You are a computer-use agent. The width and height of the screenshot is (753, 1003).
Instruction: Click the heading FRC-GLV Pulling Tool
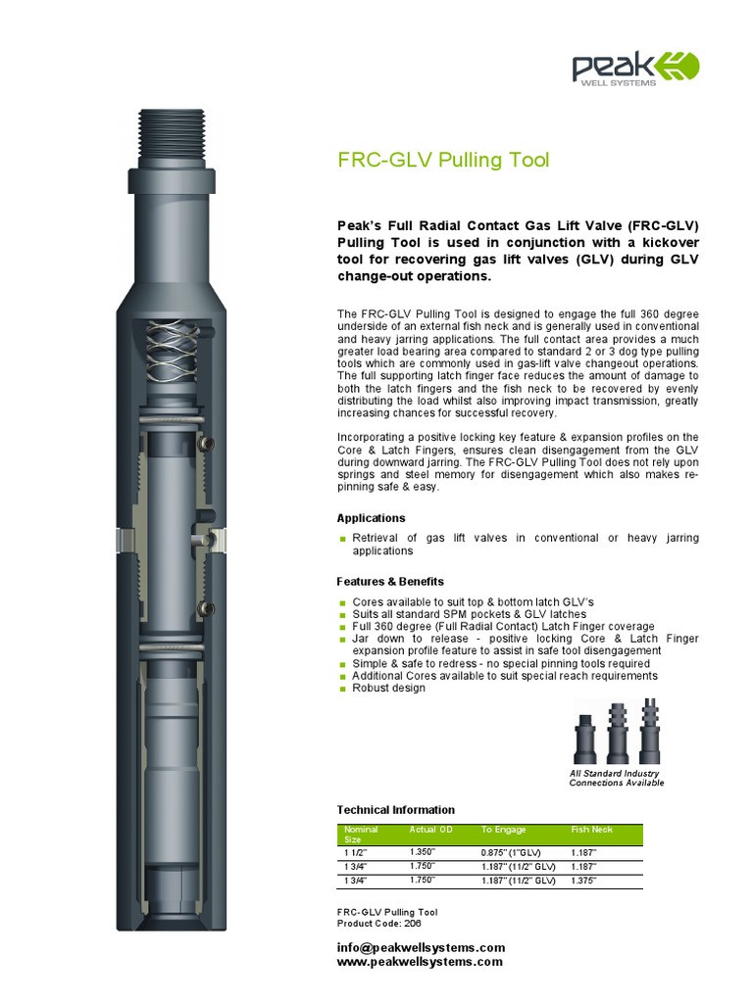pos(443,160)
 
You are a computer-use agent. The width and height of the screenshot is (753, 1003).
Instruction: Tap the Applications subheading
pos(371,518)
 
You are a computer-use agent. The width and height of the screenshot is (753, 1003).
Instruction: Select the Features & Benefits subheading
pos(390,582)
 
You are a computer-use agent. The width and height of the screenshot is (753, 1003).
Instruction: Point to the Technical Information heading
pos(395,810)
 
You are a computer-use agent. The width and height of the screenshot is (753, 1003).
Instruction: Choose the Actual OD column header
pos(431,830)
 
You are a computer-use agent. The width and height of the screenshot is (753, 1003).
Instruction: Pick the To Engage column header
pos(503,830)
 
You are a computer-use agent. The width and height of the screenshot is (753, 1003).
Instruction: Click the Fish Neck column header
pos(592,830)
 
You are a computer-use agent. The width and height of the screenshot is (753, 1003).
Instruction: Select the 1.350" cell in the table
pos(423,853)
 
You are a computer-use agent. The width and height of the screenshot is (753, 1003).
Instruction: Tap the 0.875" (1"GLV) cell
pos(512,853)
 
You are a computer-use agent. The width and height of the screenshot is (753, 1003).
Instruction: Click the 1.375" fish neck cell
pos(583,881)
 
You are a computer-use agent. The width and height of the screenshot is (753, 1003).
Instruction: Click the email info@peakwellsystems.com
pos(421,947)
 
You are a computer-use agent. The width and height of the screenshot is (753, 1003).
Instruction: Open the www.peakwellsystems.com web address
pos(420,962)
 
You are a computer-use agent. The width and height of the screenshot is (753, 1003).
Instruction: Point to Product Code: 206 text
pos(373,924)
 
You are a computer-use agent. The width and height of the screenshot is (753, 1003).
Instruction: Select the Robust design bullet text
pos(388,689)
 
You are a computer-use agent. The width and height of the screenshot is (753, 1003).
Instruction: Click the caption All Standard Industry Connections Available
pos(617,778)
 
